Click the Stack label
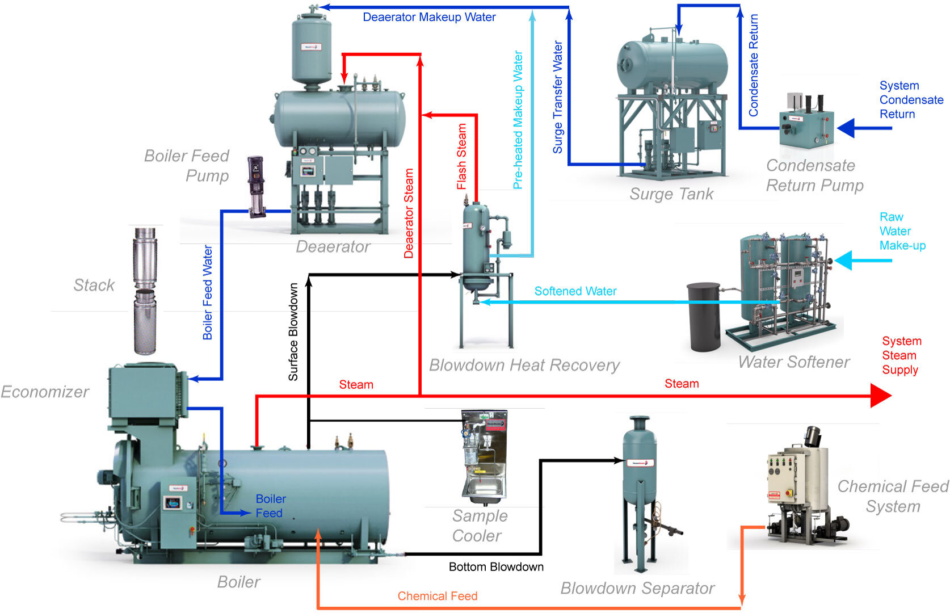coord(94,285)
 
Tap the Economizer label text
coord(45,392)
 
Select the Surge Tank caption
coord(671,194)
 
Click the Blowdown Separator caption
coord(637,588)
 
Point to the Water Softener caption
coord(794,362)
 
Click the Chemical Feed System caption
coord(893,496)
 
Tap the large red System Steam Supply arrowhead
coord(881,396)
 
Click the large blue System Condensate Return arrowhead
coord(847,128)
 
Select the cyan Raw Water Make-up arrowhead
coord(843,261)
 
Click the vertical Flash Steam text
coord(461,157)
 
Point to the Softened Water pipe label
coord(575,291)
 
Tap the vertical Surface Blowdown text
coord(293,331)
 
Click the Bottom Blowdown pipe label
coord(496,567)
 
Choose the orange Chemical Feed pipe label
coord(437,596)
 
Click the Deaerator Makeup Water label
coord(429,17)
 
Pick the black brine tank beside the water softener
coord(704,317)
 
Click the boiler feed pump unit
coord(256,187)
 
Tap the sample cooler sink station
coord(484,457)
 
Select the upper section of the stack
coord(145,258)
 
